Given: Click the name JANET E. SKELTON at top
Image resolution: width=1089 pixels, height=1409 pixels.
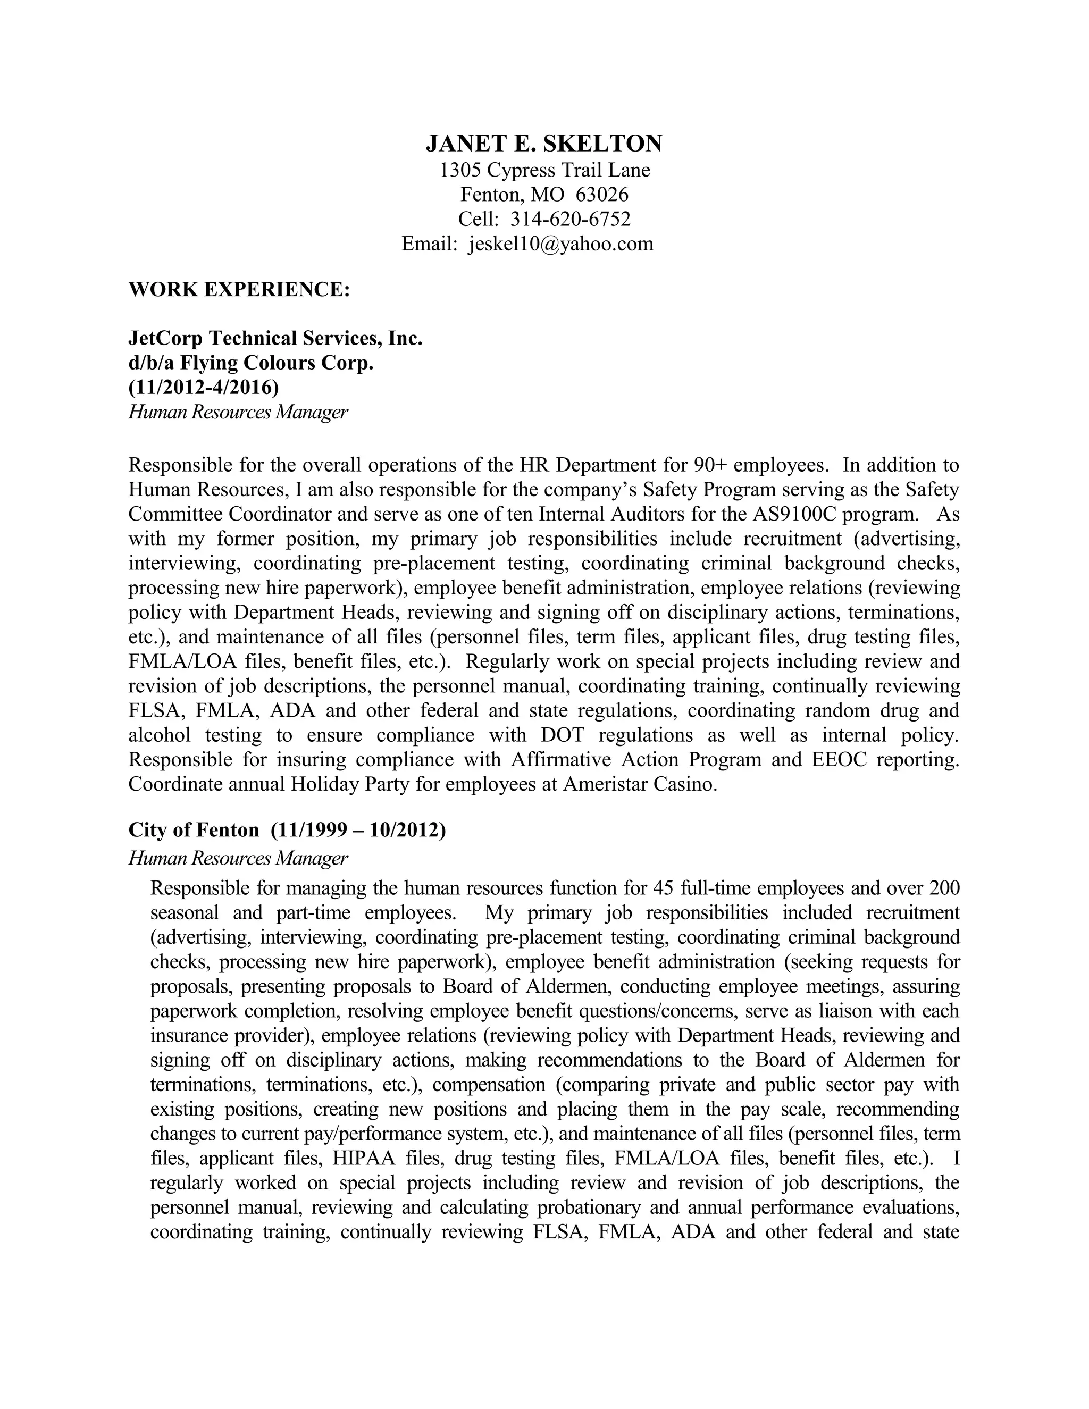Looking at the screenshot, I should [x=544, y=143].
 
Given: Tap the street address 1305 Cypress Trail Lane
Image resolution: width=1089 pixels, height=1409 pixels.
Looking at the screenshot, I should [x=544, y=170].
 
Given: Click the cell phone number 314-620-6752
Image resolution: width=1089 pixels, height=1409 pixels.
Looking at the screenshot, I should [x=571, y=220].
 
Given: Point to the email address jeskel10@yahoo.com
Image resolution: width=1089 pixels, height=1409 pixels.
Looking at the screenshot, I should [x=560, y=244].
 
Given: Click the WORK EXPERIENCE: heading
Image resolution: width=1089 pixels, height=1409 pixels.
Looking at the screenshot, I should [x=239, y=289].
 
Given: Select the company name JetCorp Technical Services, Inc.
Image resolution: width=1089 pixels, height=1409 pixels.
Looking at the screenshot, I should [x=275, y=338].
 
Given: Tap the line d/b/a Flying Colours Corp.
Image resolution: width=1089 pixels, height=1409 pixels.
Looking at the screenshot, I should [x=251, y=363].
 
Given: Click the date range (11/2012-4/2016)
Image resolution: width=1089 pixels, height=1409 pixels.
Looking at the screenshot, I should [x=204, y=388].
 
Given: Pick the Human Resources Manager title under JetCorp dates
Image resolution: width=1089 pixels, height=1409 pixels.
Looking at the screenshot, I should [x=238, y=412].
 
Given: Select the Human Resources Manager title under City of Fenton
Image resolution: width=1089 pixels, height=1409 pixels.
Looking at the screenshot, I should [x=238, y=858].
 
